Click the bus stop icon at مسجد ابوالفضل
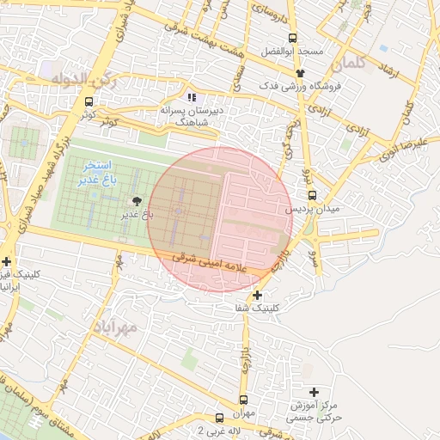(x=292, y=38)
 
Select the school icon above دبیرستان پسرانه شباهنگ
(x=192, y=97)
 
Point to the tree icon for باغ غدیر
(x=138, y=199)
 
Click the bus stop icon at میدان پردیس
(x=312, y=195)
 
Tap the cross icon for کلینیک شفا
(x=257, y=295)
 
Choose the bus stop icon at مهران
(x=243, y=400)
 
